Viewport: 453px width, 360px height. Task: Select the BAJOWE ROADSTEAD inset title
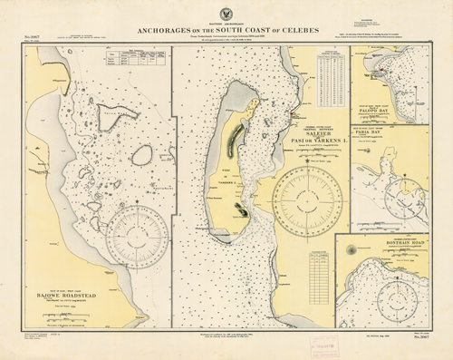(60, 293)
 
